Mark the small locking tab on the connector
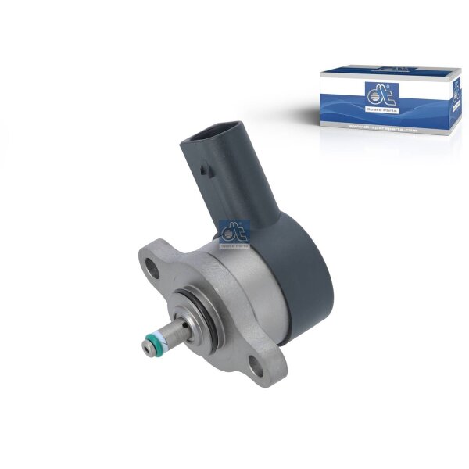(x=205, y=167)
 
